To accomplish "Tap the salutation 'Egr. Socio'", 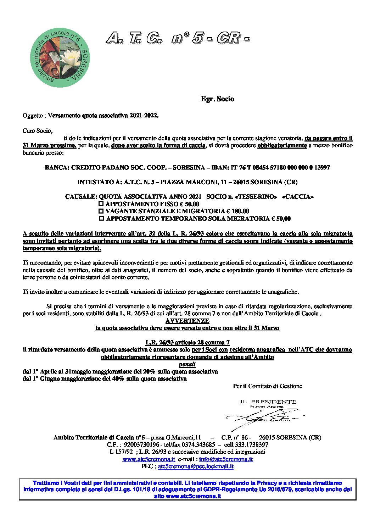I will click(217, 99).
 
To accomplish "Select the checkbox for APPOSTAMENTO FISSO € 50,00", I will click(101, 204).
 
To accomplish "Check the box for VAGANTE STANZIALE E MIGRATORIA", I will click(101, 211).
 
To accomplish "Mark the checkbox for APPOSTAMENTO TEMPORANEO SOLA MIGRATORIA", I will click(102, 219).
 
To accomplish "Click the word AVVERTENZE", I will click(187, 321).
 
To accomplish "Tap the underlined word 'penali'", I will click(187, 364).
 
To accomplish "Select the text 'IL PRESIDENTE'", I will click(268, 402).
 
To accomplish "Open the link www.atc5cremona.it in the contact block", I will click(149, 459).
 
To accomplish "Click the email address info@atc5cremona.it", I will click(226, 459).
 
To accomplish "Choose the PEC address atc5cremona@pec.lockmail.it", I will click(196, 466).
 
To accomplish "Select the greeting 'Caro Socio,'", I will click(38, 131).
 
